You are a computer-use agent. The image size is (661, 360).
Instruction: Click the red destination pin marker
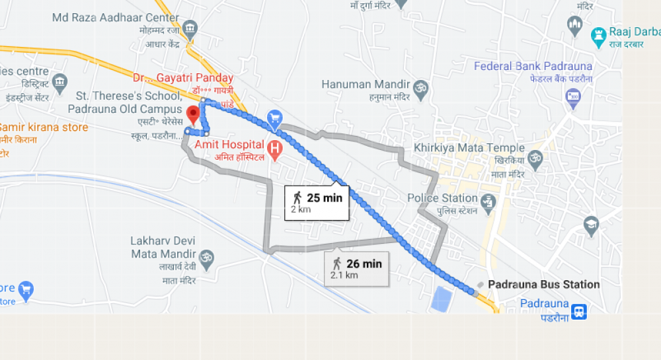tap(193, 114)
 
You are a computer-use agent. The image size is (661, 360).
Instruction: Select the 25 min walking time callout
tap(317, 201)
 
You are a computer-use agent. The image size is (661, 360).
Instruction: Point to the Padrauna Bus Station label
tap(543, 285)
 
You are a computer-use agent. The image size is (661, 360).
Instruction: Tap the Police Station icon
tap(488, 201)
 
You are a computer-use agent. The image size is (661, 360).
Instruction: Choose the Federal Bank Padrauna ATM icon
tap(572, 99)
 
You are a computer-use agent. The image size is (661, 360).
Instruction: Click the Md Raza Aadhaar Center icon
tap(190, 29)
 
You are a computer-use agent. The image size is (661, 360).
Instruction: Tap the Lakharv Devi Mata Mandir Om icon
tap(207, 255)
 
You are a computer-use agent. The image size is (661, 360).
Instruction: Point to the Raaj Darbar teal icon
tap(599, 34)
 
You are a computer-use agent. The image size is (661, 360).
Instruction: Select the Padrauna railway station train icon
tap(579, 310)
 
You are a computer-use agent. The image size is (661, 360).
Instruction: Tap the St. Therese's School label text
tap(125, 102)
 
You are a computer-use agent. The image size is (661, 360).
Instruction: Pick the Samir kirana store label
tap(43, 127)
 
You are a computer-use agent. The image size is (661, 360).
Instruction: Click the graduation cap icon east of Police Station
tap(591, 225)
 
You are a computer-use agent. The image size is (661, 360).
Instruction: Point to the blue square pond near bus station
tap(441, 299)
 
